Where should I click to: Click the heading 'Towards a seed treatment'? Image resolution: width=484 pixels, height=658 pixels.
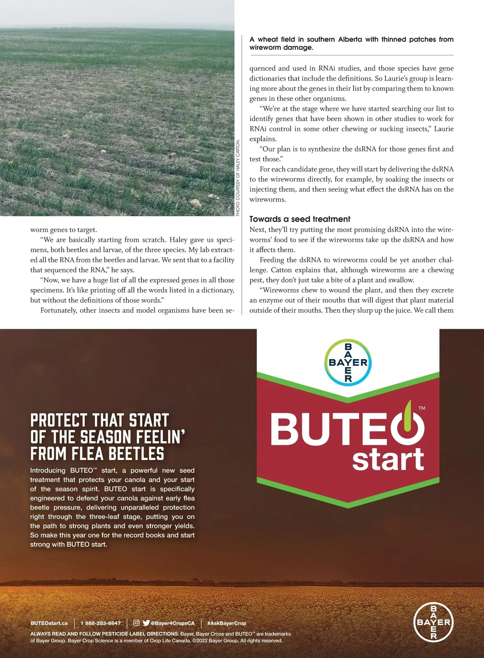(300, 219)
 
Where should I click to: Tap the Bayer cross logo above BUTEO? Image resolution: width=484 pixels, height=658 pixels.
(348, 362)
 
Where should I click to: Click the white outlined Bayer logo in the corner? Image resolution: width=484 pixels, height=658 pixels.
(434, 622)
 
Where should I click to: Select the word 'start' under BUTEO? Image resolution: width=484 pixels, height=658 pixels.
(388, 460)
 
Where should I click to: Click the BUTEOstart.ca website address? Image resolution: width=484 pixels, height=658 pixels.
(49, 623)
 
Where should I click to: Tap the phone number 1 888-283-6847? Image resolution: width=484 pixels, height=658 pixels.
(100, 623)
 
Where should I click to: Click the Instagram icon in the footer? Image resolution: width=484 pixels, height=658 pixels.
(136, 623)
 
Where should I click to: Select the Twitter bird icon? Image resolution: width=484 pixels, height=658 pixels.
(146, 623)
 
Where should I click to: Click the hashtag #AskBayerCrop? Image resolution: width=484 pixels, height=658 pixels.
(227, 623)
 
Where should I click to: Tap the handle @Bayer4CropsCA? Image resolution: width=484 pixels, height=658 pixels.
(173, 623)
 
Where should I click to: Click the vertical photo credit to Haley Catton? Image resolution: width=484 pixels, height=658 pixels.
(238, 178)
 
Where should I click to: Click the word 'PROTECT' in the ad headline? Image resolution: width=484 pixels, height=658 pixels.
(58, 420)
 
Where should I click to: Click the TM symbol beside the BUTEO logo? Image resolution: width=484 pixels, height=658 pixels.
(422, 408)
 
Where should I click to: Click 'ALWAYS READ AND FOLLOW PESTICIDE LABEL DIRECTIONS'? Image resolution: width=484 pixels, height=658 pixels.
(104, 634)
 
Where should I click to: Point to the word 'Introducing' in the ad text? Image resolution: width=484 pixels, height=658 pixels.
(48, 470)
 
